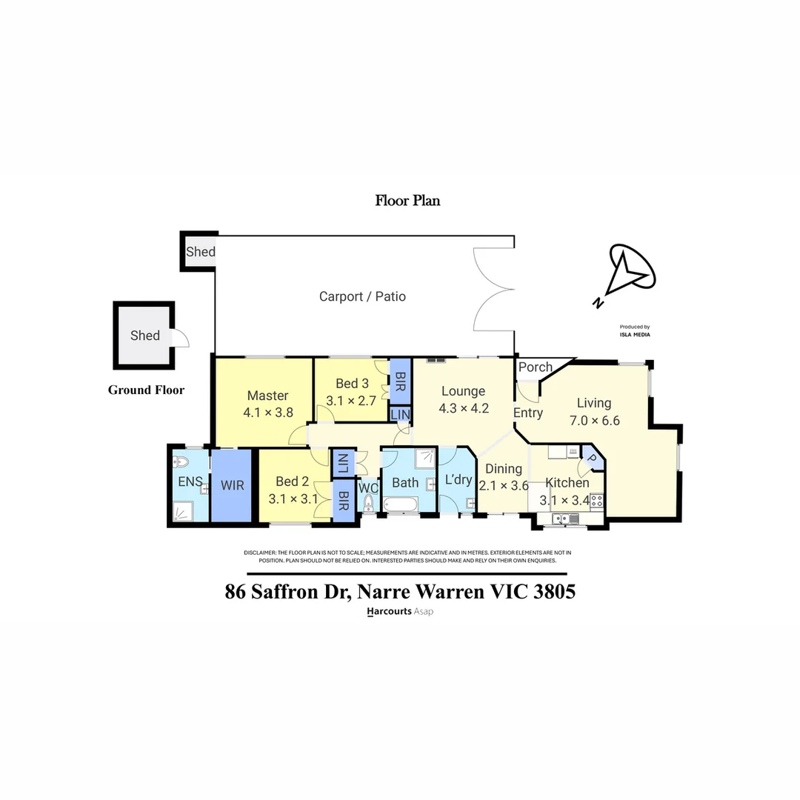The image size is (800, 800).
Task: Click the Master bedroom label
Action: (x=267, y=396)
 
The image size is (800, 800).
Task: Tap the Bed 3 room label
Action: (x=352, y=384)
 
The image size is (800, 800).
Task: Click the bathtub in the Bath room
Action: (x=401, y=506)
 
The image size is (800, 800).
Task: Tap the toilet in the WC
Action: (x=368, y=504)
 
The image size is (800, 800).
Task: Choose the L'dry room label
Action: (x=458, y=479)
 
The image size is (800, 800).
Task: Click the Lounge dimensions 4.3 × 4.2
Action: (x=464, y=408)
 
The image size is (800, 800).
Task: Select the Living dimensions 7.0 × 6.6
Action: (x=594, y=421)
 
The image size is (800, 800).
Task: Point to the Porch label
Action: (x=535, y=367)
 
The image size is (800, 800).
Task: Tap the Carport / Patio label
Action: (x=362, y=296)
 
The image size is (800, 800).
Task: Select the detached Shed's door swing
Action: (x=181, y=338)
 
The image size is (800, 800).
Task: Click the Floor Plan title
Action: (x=407, y=200)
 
